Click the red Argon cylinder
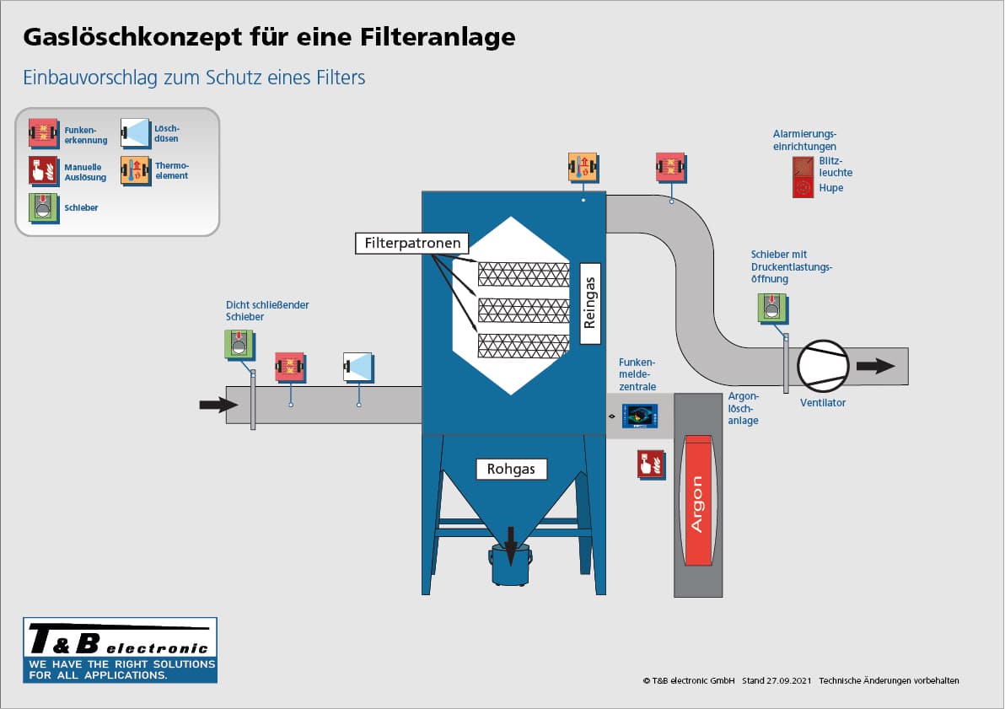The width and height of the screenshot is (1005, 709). [697, 501]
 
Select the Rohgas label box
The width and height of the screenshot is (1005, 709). [511, 469]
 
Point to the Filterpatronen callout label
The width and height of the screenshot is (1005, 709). [412, 244]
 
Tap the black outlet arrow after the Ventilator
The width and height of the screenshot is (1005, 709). [876, 366]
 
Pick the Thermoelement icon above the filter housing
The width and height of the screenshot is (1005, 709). [583, 167]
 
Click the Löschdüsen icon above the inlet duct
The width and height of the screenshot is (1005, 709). [358, 367]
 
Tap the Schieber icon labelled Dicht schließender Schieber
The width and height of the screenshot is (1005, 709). [239, 345]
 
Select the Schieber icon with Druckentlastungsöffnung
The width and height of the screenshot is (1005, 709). [771, 308]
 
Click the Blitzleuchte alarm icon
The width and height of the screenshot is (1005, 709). [803, 166]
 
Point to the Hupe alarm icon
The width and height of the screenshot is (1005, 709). [803, 188]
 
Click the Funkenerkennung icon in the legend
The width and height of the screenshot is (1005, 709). [43, 133]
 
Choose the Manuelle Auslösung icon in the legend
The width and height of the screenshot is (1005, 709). [43, 170]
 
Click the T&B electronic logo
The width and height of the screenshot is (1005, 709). [120, 649]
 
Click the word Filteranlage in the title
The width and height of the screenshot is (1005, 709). [433, 37]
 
